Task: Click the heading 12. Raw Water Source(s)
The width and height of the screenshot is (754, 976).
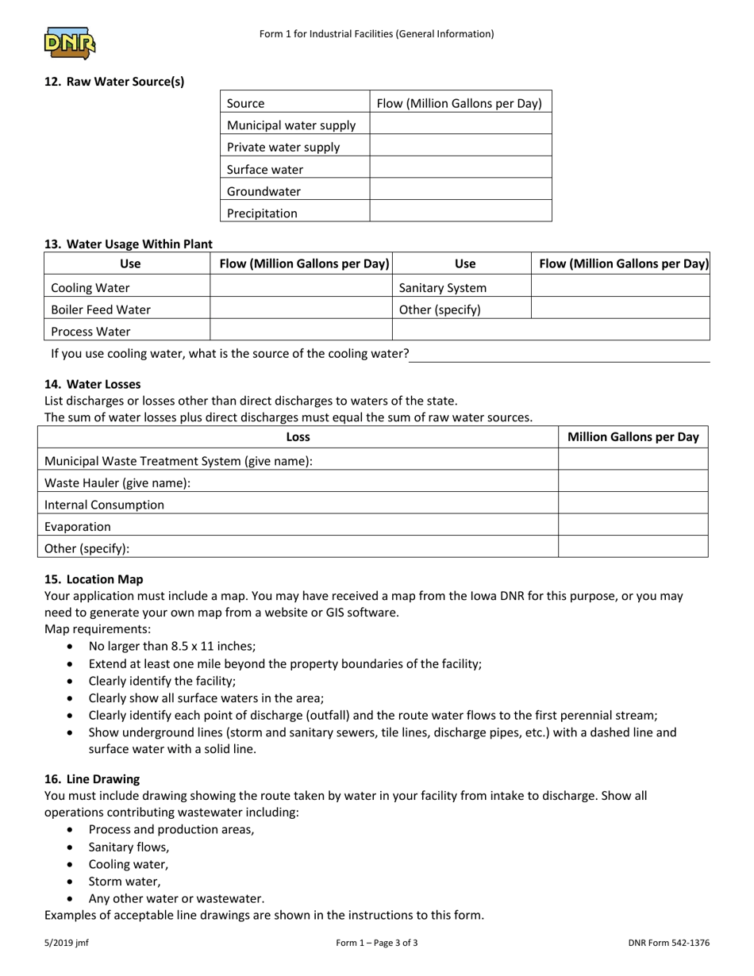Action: [114, 81]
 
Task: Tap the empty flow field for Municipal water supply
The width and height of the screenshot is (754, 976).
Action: [460, 125]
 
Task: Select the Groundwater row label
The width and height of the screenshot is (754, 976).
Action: [264, 191]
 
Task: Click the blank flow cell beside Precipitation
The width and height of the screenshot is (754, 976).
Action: [460, 213]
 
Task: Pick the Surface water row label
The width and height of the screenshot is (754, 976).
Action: [265, 169]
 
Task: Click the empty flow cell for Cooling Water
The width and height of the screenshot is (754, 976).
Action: [301, 287]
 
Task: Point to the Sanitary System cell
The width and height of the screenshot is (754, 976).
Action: [443, 287]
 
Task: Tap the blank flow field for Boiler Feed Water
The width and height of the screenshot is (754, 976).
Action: [301, 309]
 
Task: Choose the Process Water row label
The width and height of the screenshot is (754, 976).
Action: [90, 331]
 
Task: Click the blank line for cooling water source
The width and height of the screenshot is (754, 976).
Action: [559, 354]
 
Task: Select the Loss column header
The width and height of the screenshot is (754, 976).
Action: [298, 436]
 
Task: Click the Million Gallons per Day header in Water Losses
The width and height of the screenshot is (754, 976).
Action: [633, 436]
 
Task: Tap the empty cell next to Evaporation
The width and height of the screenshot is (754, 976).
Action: [633, 526]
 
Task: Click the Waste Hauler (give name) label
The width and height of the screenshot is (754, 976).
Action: [117, 482]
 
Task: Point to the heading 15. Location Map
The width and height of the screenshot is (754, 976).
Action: [94, 579]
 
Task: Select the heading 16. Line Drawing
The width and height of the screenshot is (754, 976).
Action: [92, 779]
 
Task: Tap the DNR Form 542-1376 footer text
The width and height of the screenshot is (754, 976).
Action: [668, 943]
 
